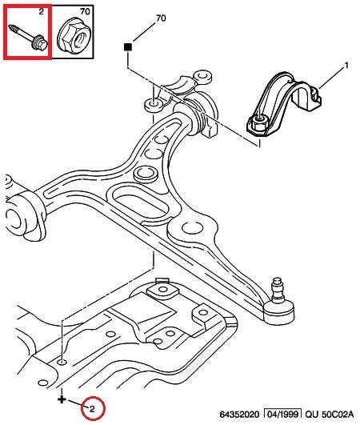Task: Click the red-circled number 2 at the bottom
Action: pyautogui.click(x=92, y=409)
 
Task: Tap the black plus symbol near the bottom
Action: pyautogui.click(x=62, y=399)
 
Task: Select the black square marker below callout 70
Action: pyautogui.click(x=128, y=47)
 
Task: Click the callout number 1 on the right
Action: pyautogui.click(x=346, y=65)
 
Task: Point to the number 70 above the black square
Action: pyautogui.click(x=161, y=18)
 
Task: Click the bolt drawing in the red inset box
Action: pyautogui.click(x=29, y=37)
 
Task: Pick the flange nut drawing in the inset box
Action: pyautogui.click(x=74, y=36)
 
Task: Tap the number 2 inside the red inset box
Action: pyautogui.click(x=41, y=12)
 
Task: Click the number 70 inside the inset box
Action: pyautogui.click(x=85, y=11)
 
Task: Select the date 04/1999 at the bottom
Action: pyautogui.click(x=282, y=414)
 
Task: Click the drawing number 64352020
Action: pyautogui.click(x=239, y=415)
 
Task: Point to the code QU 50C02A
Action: pyautogui.click(x=330, y=415)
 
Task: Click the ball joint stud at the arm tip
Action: pyautogui.click(x=278, y=290)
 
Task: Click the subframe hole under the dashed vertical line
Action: pyautogui.click(x=62, y=362)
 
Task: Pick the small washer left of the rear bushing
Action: pyautogui.click(x=154, y=105)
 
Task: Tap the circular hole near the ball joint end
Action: pyautogui.click(x=192, y=227)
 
